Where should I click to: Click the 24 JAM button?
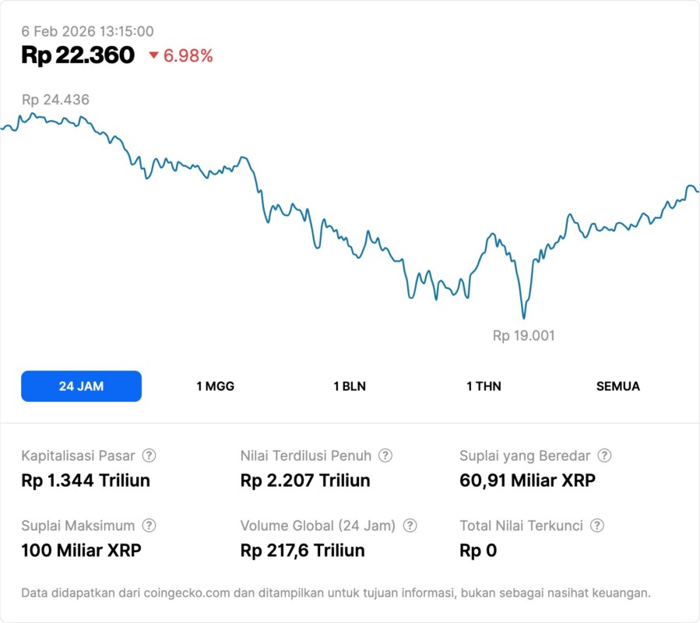81,386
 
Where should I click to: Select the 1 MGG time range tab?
215,386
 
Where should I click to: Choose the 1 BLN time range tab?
350,386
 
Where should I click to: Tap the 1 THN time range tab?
484,386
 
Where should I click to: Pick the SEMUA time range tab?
617,386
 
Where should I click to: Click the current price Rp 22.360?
78,55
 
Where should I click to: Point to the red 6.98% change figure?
188,56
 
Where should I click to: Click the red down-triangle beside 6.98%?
153,55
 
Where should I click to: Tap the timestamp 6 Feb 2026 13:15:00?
87,31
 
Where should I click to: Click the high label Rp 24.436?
55,100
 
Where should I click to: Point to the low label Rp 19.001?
523,336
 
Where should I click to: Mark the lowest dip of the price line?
523,318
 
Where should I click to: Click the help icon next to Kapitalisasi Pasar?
149,456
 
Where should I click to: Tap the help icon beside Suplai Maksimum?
149,526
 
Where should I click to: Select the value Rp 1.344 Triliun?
86,480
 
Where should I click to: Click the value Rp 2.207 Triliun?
305,480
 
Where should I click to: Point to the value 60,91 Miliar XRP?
527,480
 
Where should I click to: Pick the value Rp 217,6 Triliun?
303,551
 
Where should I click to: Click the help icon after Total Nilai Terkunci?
597,526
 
